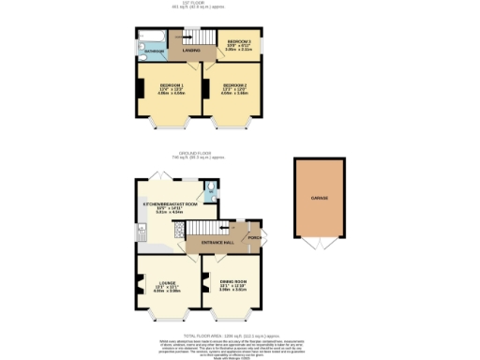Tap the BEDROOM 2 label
(x=232, y=87)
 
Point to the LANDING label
(x=191, y=49)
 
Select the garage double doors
(x=319, y=246)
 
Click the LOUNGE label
(x=168, y=282)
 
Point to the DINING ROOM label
(x=232, y=282)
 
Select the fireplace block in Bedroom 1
(x=140, y=89)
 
